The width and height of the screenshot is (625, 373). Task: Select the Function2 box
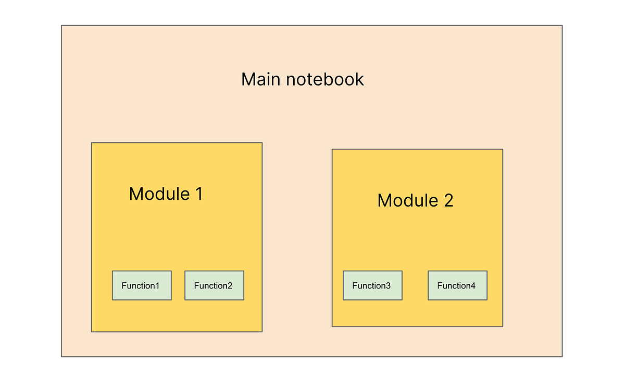pyautogui.click(x=214, y=285)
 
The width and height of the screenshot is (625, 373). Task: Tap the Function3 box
pyautogui.click(x=372, y=285)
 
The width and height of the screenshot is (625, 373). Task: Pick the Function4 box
pyautogui.click(x=457, y=285)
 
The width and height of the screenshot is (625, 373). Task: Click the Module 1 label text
pyautogui.click(x=166, y=194)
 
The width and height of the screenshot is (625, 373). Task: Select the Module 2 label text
pyautogui.click(x=415, y=200)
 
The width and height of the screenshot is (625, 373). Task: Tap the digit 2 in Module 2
pyautogui.click(x=449, y=200)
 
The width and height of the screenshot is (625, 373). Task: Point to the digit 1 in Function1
pyautogui.click(x=157, y=285)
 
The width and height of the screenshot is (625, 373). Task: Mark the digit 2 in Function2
pyautogui.click(x=230, y=285)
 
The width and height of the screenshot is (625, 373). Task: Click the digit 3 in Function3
pyautogui.click(x=388, y=285)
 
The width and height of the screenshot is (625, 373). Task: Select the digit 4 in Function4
pyautogui.click(x=473, y=285)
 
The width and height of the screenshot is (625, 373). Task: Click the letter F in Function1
pyautogui.click(x=124, y=285)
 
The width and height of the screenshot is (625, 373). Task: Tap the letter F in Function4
pyautogui.click(x=440, y=285)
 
